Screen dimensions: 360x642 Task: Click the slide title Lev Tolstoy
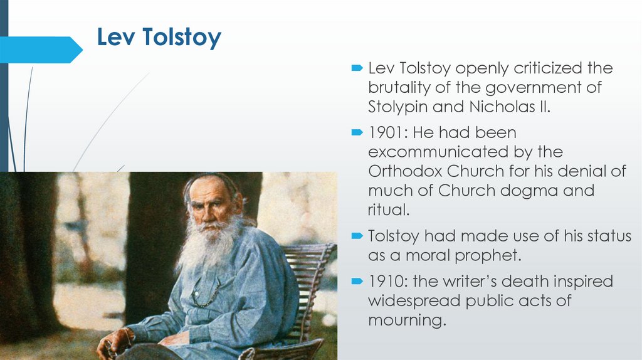[x=159, y=38]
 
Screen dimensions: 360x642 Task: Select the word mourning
[x=407, y=320]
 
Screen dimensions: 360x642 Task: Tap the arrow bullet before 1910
[x=357, y=281]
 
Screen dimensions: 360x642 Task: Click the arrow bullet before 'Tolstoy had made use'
[x=357, y=236]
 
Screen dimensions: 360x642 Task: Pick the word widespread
[x=414, y=300]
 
